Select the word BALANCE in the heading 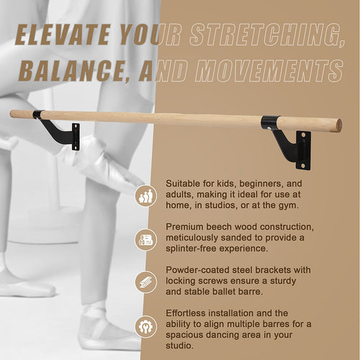point(68,70)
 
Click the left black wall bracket point(62,130)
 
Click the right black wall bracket point(292,144)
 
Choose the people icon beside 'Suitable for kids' point(145,196)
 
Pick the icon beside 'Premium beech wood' point(145,239)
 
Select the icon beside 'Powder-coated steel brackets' point(145,282)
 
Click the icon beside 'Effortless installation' point(145,325)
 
